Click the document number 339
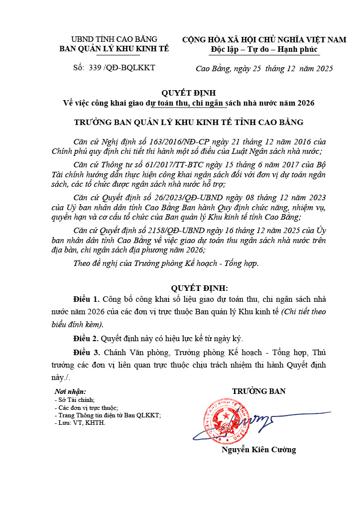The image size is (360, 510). [x=95, y=67]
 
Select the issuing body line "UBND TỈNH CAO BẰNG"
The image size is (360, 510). [x=114, y=39]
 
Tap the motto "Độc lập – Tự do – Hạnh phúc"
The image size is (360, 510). [x=264, y=49]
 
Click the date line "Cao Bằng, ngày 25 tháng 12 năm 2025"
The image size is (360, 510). [x=264, y=68]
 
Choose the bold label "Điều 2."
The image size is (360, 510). [x=87, y=339]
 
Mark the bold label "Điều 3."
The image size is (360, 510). [x=87, y=352]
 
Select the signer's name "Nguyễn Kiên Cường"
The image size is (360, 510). [x=258, y=450]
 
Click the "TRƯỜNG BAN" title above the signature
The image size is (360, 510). [x=258, y=391]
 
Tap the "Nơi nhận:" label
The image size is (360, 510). [x=70, y=392]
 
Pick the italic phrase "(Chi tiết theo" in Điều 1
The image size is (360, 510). [x=303, y=312]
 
